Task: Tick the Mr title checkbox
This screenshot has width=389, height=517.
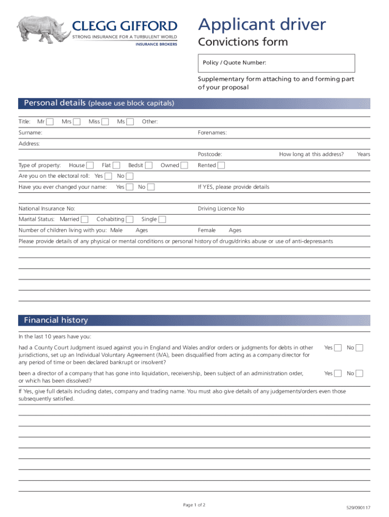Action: click(x=50, y=122)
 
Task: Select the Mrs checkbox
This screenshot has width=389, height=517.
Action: click(x=76, y=122)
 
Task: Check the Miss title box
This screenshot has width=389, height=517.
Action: click(x=105, y=122)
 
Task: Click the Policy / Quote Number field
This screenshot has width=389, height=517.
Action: click(x=276, y=63)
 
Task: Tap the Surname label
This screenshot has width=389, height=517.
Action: click(x=30, y=133)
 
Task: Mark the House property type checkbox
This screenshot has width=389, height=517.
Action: click(x=89, y=166)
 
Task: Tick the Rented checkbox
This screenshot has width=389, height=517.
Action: click(x=221, y=166)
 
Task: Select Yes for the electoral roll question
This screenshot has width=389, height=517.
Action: click(x=108, y=176)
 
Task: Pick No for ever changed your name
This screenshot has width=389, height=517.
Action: click(x=151, y=187)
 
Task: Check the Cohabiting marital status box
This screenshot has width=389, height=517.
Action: click(x=130, y=220)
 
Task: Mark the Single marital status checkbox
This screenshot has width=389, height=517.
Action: click(x=162, y=220)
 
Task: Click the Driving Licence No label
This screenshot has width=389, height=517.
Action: click(x=221, y=209)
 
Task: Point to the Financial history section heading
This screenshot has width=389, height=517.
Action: click(x=56, y=320)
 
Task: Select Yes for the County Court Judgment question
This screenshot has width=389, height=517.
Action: click(x=338, y=348)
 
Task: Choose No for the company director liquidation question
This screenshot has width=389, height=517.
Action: click(x=360, y=374)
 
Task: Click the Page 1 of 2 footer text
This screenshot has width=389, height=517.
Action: click(x=193, y=504)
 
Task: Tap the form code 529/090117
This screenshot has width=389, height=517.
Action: click(x=358, y=508)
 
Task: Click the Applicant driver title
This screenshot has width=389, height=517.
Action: click(x=262, y=24)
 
